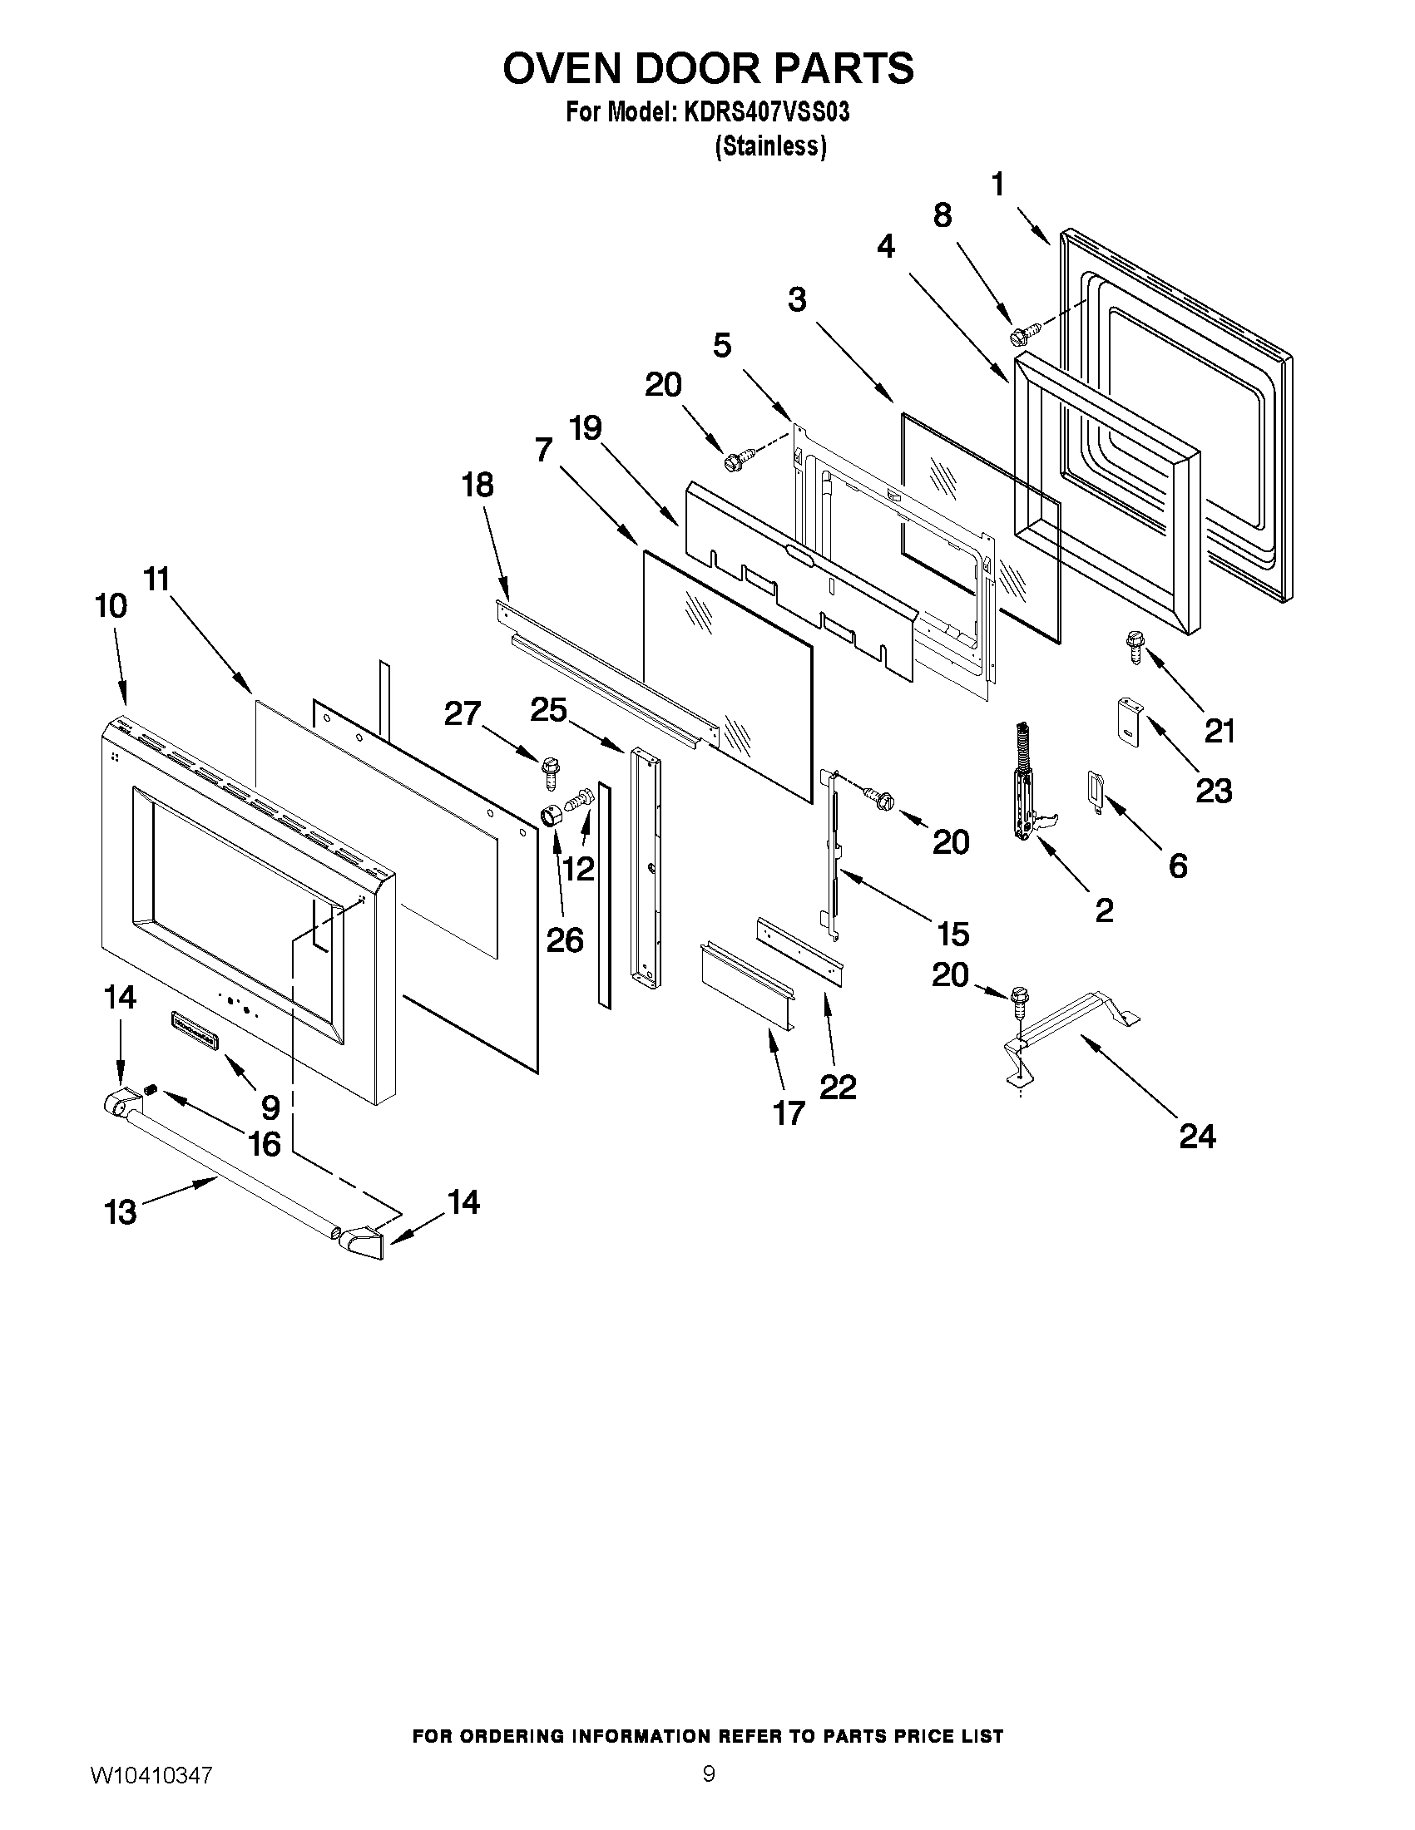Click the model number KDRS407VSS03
(x=765, y=111)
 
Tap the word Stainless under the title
(x=770, y=146)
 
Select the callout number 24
(x=1196, y=1137)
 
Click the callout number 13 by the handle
(x=120, y=1212)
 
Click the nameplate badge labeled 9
(x=194, y=1030)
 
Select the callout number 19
(x=585, y=428)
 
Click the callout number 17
(x=788, y=1113)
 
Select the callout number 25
(x=549, y=710)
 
